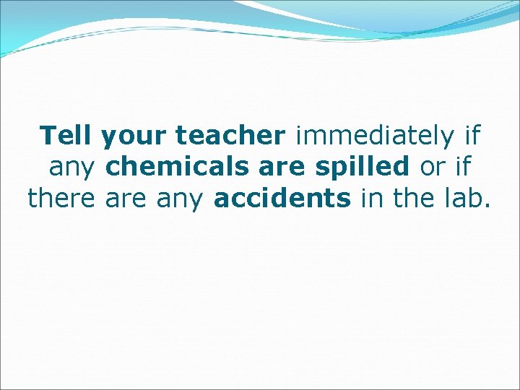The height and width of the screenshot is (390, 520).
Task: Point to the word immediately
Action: (x=376, y=136)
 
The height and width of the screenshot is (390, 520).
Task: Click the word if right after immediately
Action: (x=472, y=135)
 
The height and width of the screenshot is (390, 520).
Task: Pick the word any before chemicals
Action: (x=73, y=168)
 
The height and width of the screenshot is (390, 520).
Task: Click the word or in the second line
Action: (x=432, y=168)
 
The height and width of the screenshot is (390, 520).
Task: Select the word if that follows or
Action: (x=462, y=166)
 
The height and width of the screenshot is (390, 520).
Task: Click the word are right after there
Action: (x=125, y=199)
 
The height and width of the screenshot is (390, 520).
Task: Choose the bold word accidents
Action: (x=282, y=197)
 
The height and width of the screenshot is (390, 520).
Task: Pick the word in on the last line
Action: (x=372, y=197)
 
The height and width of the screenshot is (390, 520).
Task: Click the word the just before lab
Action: (x=415, y=197)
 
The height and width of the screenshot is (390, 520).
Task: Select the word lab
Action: (x=462, y=197)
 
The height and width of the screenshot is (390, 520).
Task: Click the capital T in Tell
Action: (x=49, y=135)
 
